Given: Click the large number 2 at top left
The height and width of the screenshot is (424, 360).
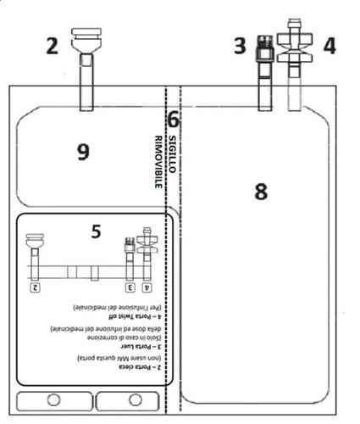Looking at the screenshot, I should click(53, 45).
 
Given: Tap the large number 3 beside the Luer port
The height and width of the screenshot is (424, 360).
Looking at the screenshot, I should click(241, 45).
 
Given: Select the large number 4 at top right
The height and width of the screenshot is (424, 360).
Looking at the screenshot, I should click(329, 45).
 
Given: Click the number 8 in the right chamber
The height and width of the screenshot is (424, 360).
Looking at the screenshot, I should click(261, 191).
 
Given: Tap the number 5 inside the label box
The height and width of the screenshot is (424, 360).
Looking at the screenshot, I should click(96, 231).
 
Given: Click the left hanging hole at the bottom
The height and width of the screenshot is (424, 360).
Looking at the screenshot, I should click(53, 400).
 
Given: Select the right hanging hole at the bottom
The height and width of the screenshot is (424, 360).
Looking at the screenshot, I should click(132, 400).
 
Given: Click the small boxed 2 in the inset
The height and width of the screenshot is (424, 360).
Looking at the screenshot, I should click(36, 288).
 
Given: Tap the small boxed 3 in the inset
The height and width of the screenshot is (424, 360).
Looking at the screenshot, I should click(130, 288).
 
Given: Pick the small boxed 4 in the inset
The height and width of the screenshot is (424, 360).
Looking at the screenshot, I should click(148, 288).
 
